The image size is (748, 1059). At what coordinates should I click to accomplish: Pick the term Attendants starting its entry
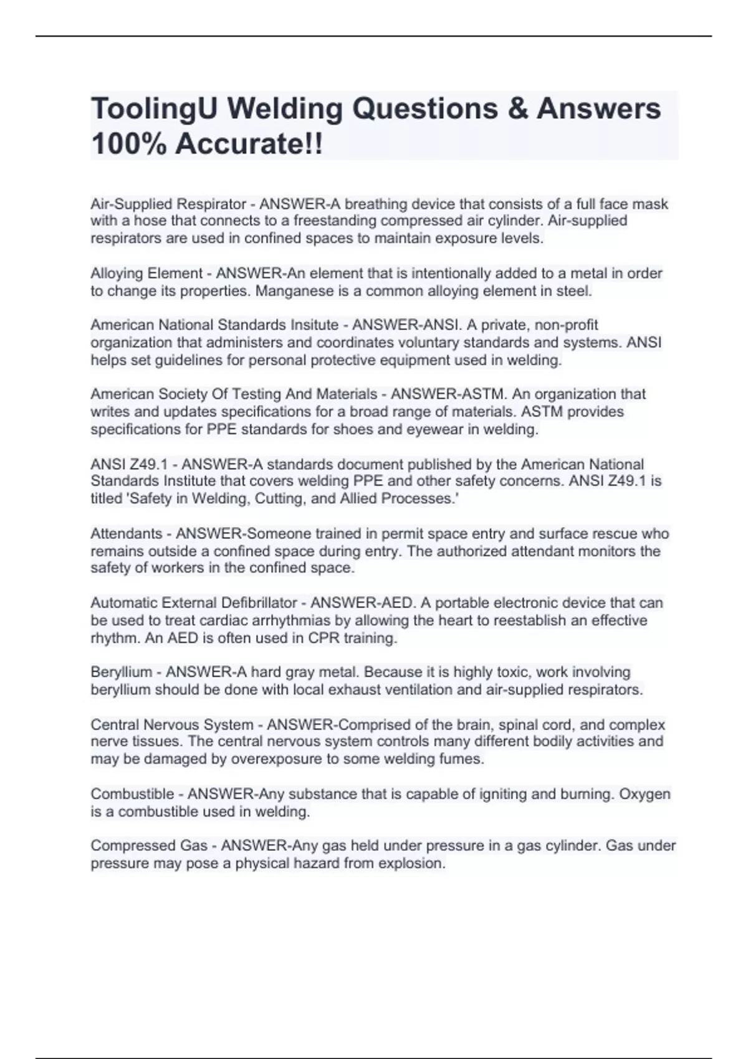pos(127,534)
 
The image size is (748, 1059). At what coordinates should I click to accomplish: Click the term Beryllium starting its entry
pos(122,672)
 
